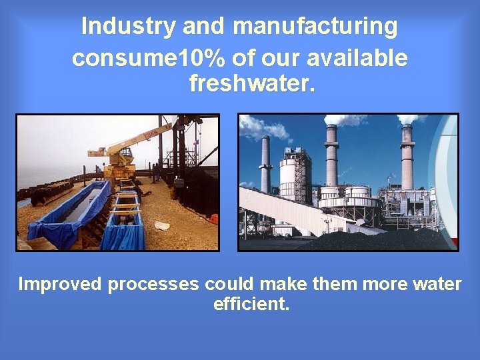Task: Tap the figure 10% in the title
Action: point(198,58)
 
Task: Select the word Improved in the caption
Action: point(61,284)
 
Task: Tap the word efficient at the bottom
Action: point(251,305)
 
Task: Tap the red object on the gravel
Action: point(213,219)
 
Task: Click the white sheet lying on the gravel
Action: point(163,225)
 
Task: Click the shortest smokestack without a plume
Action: point(265,164)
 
